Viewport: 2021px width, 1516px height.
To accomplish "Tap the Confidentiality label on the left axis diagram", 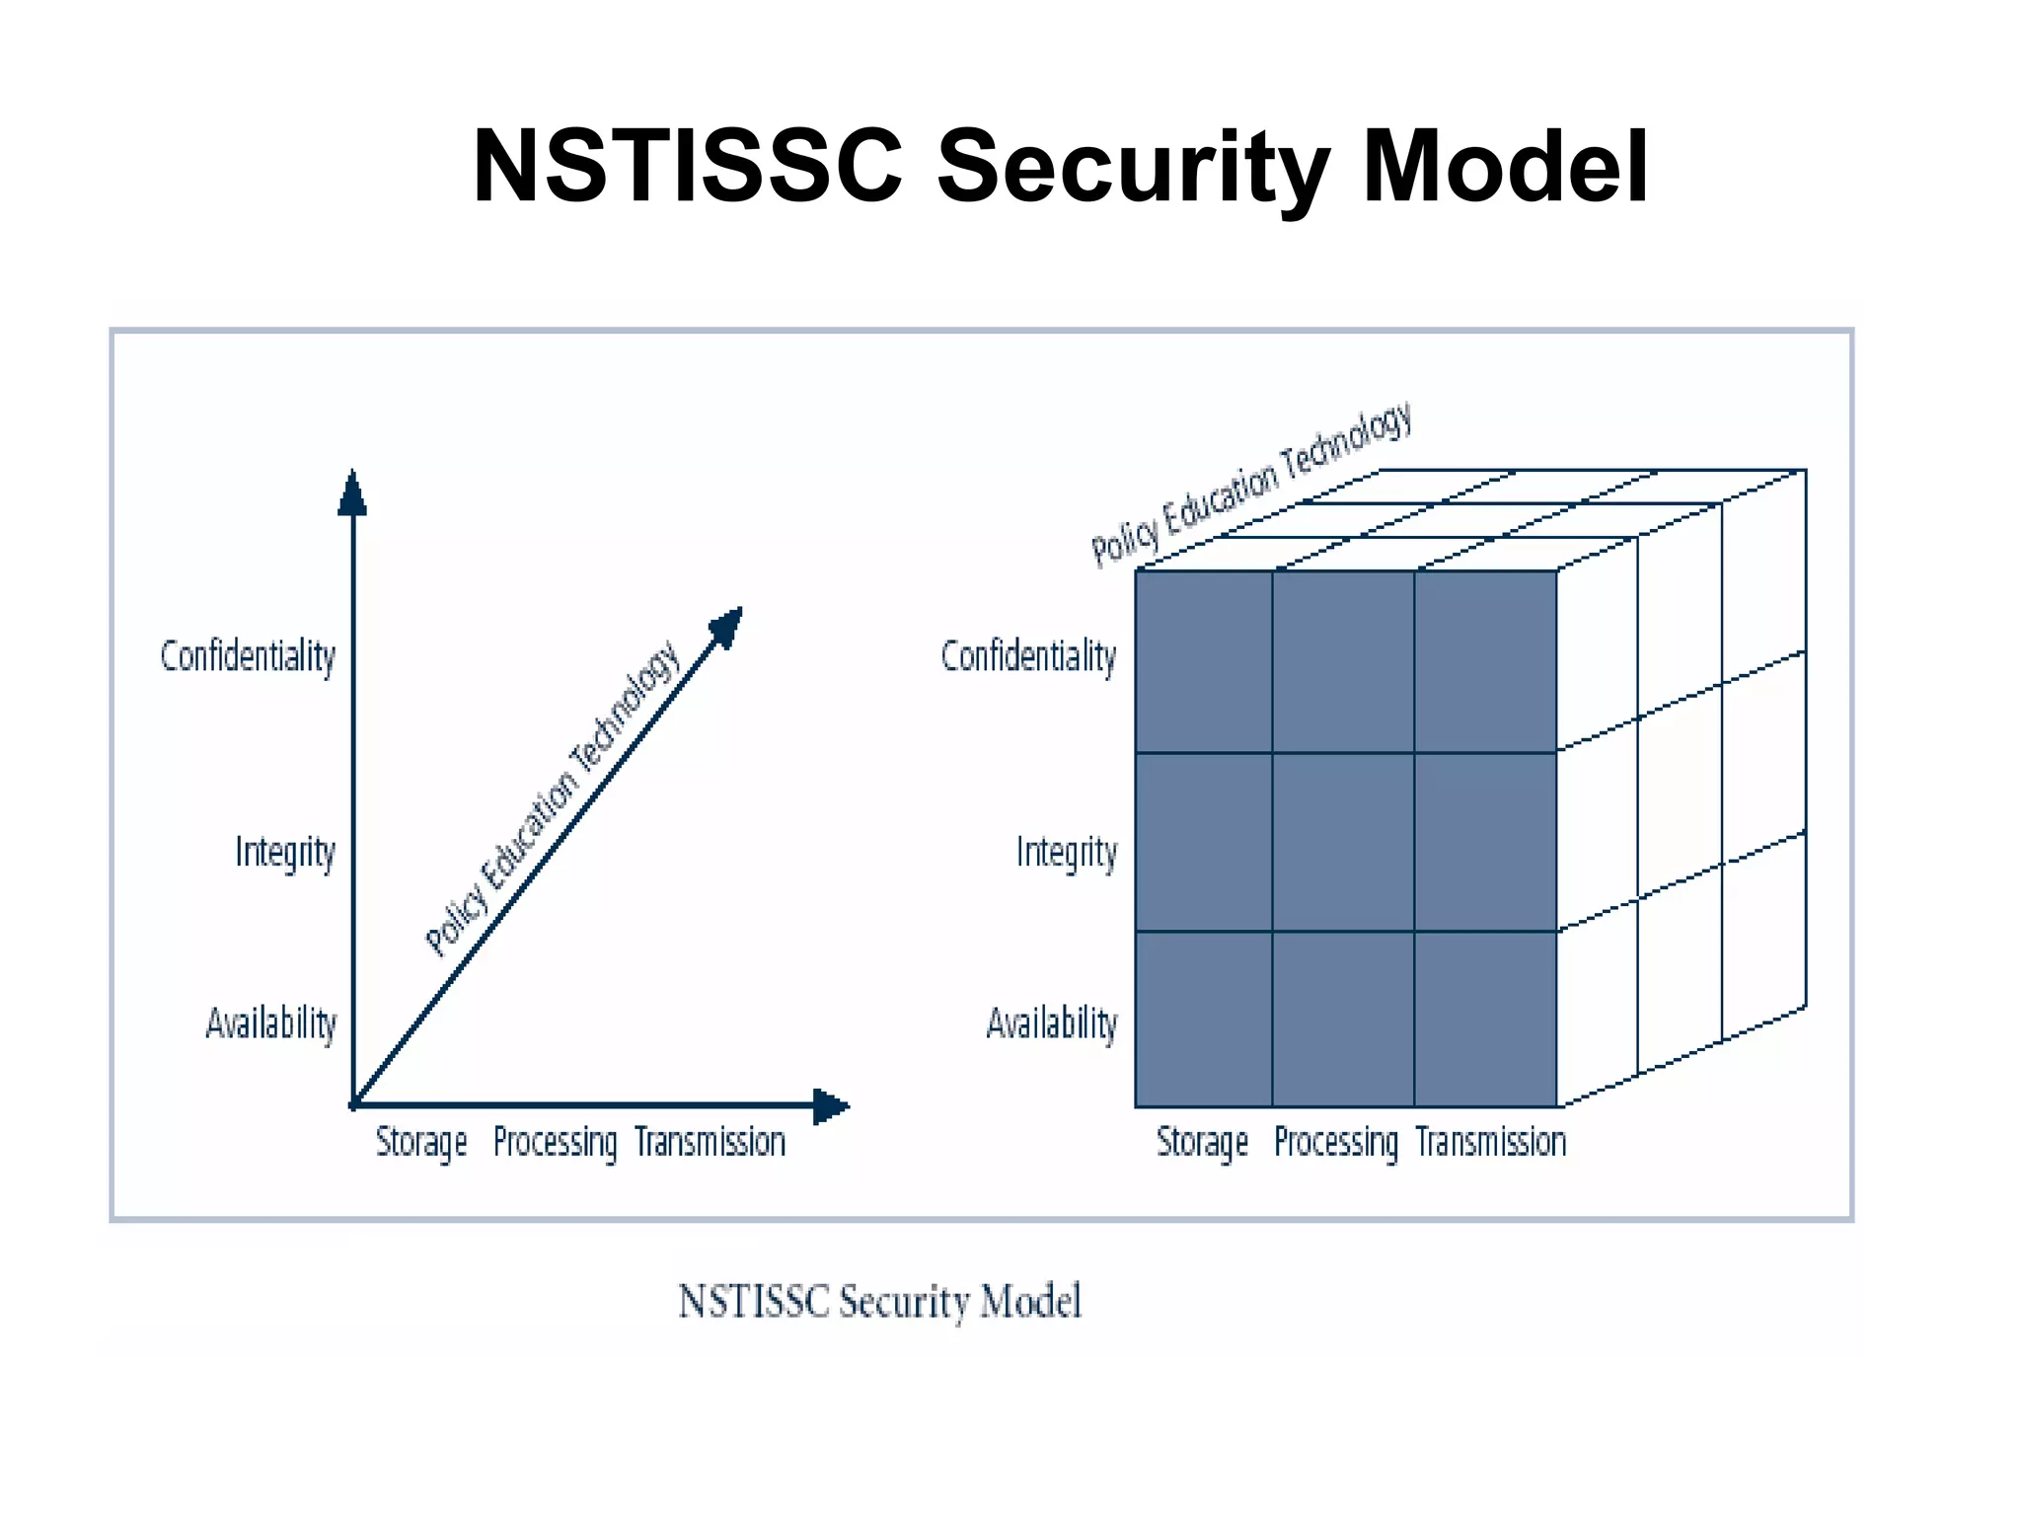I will pyautogui.click(x=248, y=656).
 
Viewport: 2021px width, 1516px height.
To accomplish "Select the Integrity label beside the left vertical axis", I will pyautogui.click(x=285, y=852).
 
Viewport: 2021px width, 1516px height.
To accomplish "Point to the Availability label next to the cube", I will pyautogui.click(x=1052, y=1023).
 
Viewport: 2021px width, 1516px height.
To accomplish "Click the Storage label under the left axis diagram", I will pyautogui.click(x=421, y=1142).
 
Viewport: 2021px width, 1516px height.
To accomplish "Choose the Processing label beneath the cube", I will pyautogui.click(x=1335, y=1142).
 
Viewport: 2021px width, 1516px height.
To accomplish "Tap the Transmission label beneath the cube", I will pyautogui.click(x=1490, y=1142).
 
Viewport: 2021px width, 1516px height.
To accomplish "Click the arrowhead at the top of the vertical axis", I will pyautogui.click(x=352, y=493).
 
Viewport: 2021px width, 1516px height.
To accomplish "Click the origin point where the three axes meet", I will pyautogui.click(x=354, y=1105).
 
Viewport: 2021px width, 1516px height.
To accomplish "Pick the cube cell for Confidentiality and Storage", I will pyautogui.click(x=1203, y=661).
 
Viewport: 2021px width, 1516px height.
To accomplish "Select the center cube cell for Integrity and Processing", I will pyautogui.click(x=1343, y=842).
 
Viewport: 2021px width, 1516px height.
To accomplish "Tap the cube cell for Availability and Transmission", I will pyautogui.click(x=1485, y=1019).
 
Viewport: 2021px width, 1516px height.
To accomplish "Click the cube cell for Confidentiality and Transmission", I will pyautogui.click(x=1485, y=661).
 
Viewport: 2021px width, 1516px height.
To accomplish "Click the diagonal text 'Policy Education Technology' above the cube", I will pyautogui.click(x=1251, y=485).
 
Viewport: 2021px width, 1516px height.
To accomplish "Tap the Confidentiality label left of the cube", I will pyautogui.click(x=1028, y=656).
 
